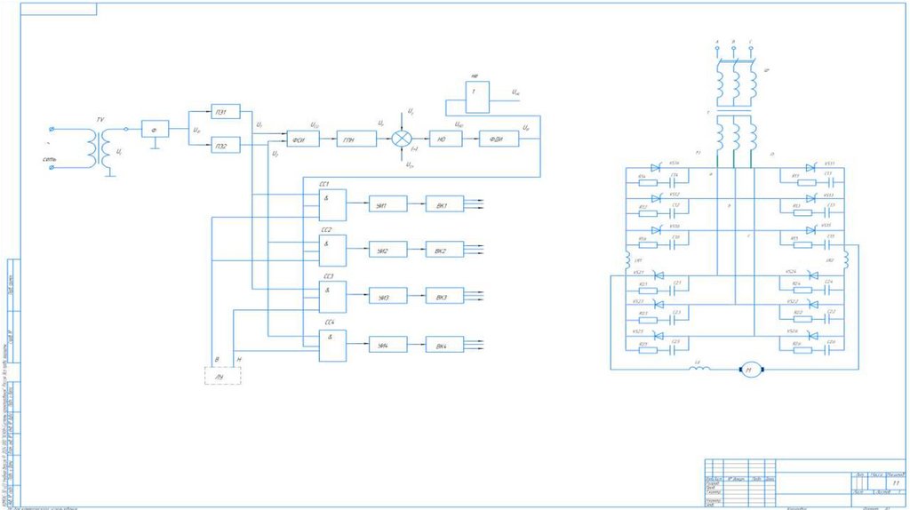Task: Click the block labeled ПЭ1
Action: click(226, 112)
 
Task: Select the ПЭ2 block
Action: click(226, 146)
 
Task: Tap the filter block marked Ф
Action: click(156, 129)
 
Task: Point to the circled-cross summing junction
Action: click(403, 139)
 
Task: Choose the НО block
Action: click(442, 139)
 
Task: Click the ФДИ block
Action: click(498, 139)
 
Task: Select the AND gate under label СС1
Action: click(333, 204)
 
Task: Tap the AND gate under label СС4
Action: click(333, 344)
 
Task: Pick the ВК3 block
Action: click(443, 297)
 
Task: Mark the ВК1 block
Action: click(443, 204)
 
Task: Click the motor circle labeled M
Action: click(748, 368)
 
